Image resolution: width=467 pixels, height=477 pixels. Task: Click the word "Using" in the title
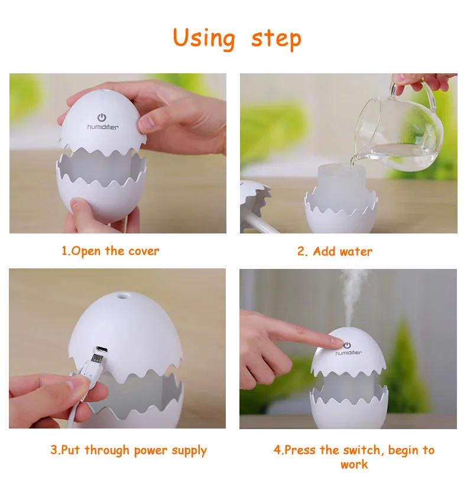[204, 39]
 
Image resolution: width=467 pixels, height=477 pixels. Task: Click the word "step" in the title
[276, 40]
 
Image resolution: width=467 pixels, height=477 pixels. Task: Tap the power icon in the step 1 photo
[102, 118]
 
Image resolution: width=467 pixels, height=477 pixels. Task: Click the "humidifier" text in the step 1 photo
[103, 127]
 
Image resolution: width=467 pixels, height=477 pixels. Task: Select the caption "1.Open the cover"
[110, 251]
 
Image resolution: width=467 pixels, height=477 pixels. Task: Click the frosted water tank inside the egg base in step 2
[342, 185]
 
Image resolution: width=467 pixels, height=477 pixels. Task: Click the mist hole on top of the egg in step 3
[123, 294]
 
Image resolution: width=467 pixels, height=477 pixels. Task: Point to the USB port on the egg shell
[101, 349]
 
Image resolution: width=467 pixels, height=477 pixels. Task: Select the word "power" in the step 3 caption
[151, 450]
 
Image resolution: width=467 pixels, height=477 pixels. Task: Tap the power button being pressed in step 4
[347, 345]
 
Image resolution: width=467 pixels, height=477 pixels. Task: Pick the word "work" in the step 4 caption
[354, 465]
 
